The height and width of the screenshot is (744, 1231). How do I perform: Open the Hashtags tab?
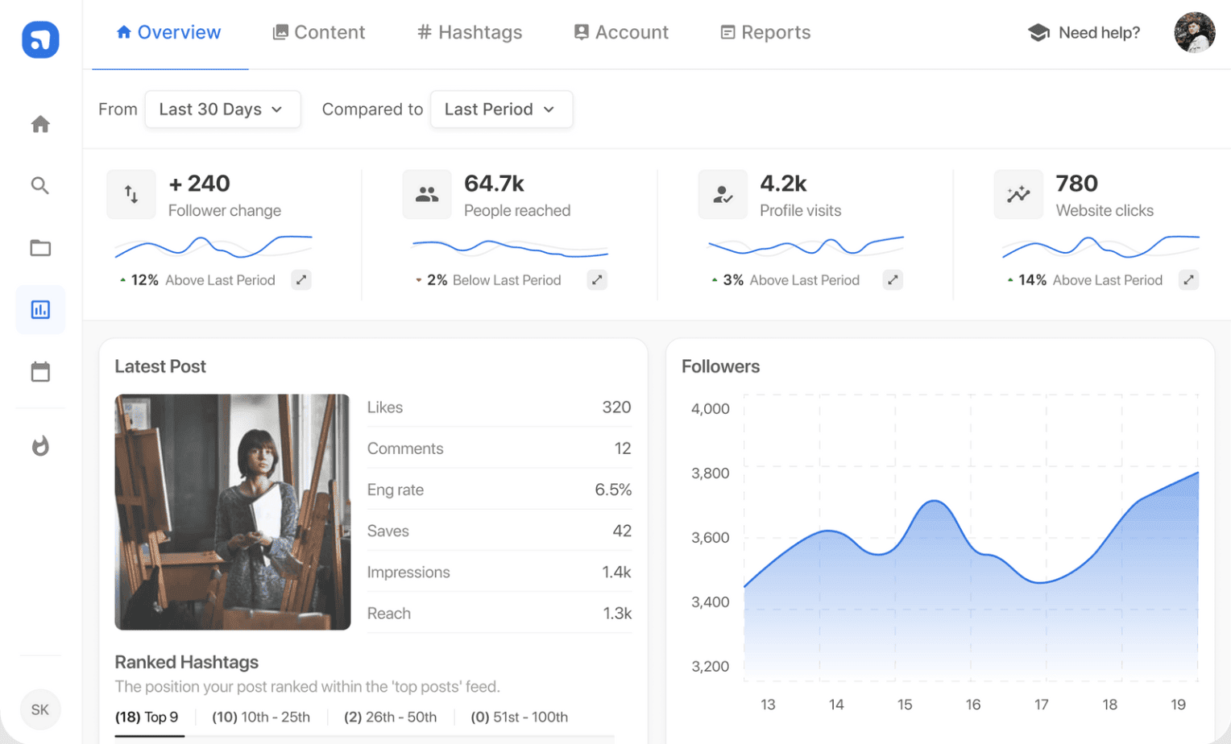470,32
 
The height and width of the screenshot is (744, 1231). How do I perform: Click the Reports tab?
765,32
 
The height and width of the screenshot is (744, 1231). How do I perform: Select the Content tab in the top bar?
319,32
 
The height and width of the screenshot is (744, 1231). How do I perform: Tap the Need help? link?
1084,33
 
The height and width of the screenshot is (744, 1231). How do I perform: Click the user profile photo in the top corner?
1194,33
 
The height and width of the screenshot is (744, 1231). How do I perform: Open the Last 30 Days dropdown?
222,110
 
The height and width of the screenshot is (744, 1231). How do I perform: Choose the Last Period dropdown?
501,110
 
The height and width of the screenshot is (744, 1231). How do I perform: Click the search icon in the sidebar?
40,186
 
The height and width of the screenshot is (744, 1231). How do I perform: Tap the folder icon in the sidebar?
40,248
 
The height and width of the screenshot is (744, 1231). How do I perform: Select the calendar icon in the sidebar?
40,372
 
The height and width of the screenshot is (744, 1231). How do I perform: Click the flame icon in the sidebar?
40,446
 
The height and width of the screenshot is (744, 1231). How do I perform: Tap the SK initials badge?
40,709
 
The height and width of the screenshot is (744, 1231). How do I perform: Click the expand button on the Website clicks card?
1188,280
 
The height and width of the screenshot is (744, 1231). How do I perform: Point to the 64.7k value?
494,184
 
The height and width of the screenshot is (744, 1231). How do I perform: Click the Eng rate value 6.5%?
613,490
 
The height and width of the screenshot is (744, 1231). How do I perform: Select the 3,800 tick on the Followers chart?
710,473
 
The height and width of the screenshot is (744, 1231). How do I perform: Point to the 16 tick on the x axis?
973,705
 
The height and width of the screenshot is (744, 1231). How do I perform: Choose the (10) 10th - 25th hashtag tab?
261,717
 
